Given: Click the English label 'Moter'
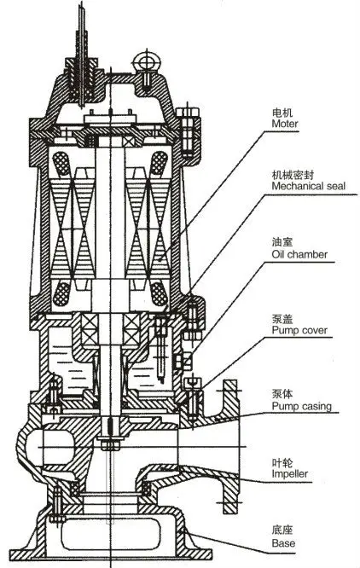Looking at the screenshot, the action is coord(285,124).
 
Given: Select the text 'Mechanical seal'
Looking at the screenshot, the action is coord(309,186).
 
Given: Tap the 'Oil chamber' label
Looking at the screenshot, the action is coord(299,254).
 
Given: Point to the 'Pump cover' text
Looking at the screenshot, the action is coord(299,330).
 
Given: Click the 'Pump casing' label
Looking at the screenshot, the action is coord(302,406).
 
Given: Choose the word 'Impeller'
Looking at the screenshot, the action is coord(290,473).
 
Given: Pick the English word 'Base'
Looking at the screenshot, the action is coord(283,543).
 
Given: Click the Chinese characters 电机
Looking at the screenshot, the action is coord(282,112).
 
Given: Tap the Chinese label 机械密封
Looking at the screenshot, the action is coord(293,175).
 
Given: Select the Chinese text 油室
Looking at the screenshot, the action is coord(282,242).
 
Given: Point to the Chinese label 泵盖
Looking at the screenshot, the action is coord(282,319).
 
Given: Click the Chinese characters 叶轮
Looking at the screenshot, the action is coord(282,462).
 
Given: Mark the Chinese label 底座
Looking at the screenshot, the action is coord(282,530).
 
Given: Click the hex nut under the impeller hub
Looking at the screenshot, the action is coord(110,444).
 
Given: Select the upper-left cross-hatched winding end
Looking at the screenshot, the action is coord(61,164).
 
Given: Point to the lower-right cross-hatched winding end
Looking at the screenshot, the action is coord(159,293).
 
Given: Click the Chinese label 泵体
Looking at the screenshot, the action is coord(282,394).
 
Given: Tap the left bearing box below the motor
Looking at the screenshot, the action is coord(89,329).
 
